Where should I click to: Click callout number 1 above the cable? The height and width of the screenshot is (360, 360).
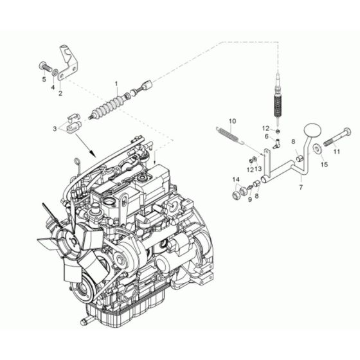[117, 84]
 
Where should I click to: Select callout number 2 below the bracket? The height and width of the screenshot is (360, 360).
[60, 93]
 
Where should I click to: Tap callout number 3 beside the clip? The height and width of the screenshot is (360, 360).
[55, 130]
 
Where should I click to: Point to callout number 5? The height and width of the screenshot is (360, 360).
[44, 79]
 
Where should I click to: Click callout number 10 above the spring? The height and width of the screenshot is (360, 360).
[233, 120]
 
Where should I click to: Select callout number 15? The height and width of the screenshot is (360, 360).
[324, 165]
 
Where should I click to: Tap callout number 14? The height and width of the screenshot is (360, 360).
[236, 179]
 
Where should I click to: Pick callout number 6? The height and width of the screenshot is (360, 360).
[265, 137]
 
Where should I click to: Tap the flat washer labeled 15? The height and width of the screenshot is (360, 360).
[318, 150]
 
